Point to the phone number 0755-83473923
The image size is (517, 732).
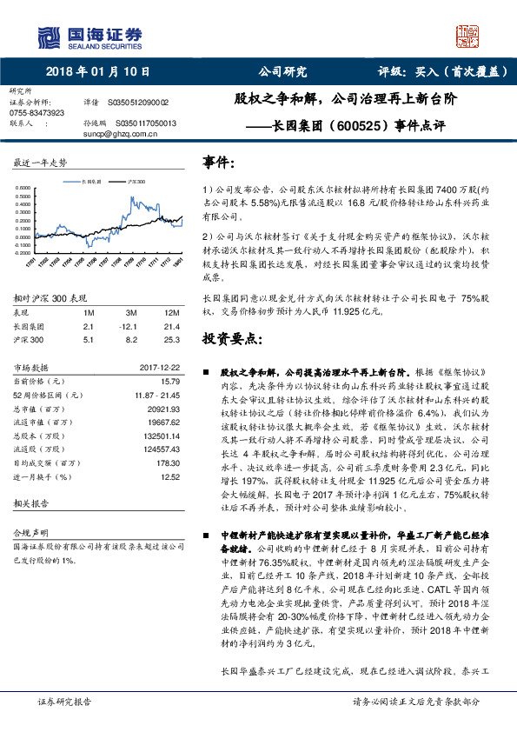36,113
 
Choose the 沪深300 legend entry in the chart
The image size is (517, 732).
135,183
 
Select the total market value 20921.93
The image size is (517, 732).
163,408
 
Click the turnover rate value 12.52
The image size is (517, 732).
169,476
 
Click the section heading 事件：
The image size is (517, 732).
218,163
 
